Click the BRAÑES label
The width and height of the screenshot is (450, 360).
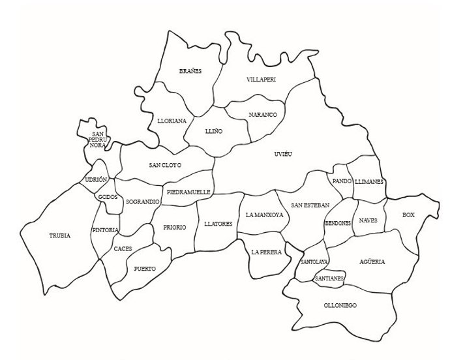[190, 71]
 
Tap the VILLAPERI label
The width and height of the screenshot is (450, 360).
[262, 79]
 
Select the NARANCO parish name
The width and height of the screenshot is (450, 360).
[263, 115]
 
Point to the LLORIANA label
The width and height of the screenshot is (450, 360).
[172, 121]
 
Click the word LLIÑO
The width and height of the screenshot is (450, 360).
[213, 130]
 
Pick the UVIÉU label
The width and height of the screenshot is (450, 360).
[282, 154]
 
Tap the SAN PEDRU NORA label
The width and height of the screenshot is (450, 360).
[98, 140]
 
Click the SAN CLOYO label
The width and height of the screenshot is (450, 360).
[165, 165]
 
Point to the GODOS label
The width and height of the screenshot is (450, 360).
[107, 197]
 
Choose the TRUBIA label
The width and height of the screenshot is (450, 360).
[59, 235]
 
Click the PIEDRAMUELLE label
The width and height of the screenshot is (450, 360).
[188, 192]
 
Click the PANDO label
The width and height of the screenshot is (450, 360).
[342, 181]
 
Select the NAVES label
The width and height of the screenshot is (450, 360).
[368, 221]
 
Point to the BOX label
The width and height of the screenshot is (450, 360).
[408, 215]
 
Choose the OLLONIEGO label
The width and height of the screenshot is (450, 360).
[340, 305]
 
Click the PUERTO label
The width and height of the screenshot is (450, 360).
[145, 268]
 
